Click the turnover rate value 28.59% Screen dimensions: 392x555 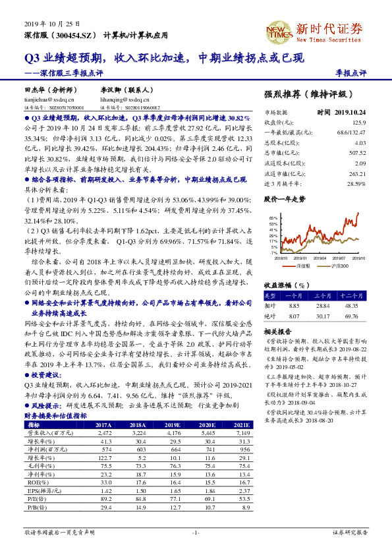point(355,183)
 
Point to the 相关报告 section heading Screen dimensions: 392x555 point(277,331)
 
